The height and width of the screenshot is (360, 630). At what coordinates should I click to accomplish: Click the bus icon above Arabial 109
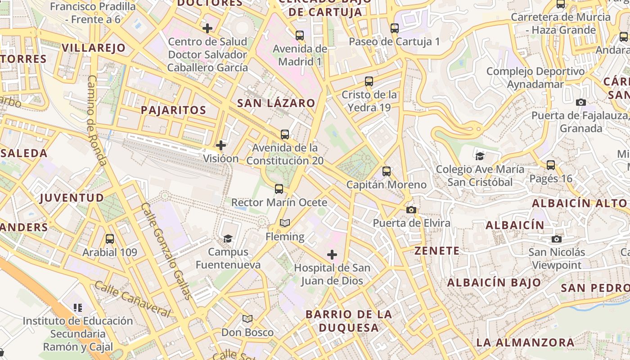109,239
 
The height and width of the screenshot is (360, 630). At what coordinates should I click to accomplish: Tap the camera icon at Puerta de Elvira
411,210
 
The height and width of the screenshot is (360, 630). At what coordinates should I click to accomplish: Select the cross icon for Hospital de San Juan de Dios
332,255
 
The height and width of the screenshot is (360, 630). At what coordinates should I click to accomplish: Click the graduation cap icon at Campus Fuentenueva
228,238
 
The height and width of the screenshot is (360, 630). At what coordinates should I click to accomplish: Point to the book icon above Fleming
285,223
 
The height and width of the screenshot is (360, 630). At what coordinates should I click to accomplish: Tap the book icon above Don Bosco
247,319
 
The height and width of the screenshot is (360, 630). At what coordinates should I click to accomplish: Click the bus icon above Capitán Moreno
387,171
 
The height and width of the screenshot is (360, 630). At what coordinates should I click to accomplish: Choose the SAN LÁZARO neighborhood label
276,103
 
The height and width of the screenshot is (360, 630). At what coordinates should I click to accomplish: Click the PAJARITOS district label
173,110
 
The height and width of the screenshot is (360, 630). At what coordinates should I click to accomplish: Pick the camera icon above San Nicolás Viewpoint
557,239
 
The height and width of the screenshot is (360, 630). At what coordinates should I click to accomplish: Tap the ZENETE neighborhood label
437,251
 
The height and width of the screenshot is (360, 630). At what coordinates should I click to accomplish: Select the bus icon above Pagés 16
551,165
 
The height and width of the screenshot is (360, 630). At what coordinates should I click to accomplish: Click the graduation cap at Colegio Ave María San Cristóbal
480,156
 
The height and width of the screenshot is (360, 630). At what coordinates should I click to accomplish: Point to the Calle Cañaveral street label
133,299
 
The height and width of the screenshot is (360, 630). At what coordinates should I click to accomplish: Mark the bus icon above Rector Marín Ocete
279,189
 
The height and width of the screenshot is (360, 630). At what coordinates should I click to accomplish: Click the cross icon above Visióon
221,145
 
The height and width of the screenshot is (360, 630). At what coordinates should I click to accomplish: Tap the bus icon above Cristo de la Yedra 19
369,81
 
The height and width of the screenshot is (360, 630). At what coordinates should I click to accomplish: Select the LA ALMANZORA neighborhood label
525,342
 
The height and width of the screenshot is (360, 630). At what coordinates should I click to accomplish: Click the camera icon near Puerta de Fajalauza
581,102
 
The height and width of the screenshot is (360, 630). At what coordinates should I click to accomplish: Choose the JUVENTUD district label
72,198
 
